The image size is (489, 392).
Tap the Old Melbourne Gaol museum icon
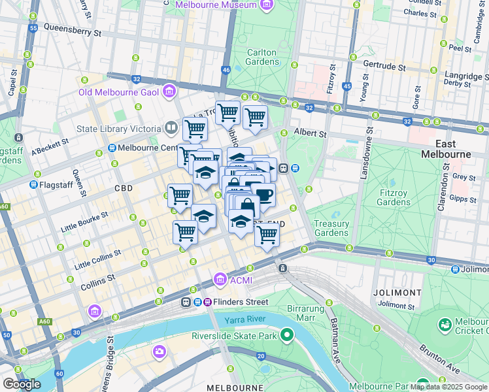170,91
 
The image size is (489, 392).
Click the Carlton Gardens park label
263,57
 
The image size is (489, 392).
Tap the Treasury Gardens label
331,228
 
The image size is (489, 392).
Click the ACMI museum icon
221,280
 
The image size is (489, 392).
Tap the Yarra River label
248,319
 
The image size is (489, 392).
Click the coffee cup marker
263,194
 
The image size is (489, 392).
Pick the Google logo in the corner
22,384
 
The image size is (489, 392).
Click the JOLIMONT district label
397,292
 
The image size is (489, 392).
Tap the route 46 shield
226,70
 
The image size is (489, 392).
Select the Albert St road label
310,133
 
